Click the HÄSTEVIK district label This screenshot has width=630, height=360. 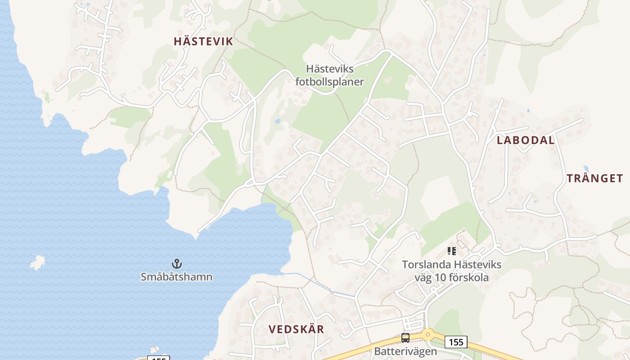[x=203, y=41]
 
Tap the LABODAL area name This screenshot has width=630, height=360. [x=525, y=140]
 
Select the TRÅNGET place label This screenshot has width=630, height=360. [x=594, y=178]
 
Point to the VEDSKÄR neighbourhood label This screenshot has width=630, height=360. [x=296, y=329]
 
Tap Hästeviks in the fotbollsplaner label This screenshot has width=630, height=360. [x=329, y=69]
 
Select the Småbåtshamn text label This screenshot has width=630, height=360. [x=176, y=276]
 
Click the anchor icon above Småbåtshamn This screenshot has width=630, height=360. [x=176, y=263]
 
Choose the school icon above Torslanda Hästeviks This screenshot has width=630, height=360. [x=452, y=251]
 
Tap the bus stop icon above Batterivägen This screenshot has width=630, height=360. [x=405, y=337]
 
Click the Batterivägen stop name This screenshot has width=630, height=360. [x=405, y=351]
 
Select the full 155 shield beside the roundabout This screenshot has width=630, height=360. [x=456, y=342]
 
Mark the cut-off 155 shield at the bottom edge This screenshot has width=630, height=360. [x=158, y=358]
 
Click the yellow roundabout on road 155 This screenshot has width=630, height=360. [x=427, y=334]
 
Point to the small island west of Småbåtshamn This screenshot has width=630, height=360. [x=38, y=262]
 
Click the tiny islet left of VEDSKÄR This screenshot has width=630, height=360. [x=155, y=349]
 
